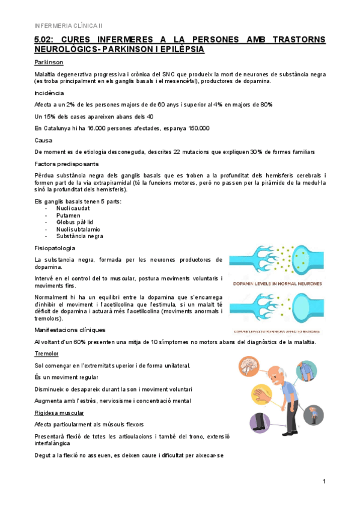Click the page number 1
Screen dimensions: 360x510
click(324, 481)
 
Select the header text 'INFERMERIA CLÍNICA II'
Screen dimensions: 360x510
click(69, 26)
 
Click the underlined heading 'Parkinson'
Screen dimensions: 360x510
click(49, 63)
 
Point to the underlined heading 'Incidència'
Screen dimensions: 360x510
click(49, 93)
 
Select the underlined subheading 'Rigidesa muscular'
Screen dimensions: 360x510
click(59, 413)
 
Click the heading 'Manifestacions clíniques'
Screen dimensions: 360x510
click(70, 330)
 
